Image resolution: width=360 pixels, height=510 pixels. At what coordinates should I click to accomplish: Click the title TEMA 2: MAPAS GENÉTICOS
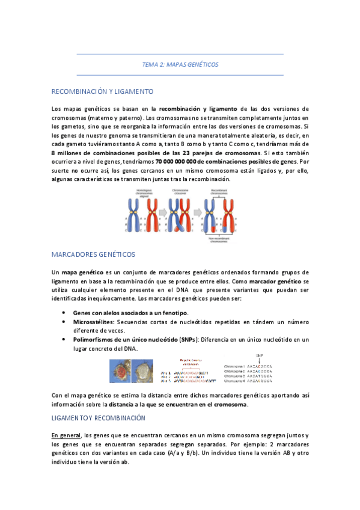(x=180, y=64)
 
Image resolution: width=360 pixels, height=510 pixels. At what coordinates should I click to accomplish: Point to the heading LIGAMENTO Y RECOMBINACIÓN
(x=98, y=417)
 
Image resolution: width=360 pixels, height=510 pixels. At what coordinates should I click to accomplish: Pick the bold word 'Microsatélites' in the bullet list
(x=94, y=322)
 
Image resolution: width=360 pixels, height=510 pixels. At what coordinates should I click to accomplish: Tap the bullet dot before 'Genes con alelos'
(x=64, y=313)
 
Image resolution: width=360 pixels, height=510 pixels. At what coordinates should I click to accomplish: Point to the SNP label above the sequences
(x=260, y=355)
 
